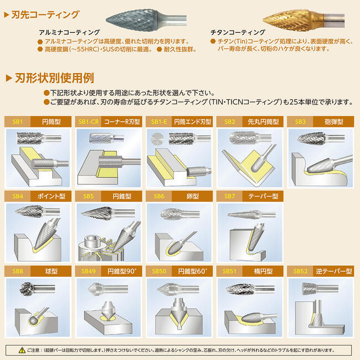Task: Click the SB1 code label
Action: [17, 121]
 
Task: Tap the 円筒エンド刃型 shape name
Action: [192, 121]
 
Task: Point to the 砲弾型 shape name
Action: [334, 121]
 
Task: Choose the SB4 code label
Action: [17, 196]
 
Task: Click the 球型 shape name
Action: [50, 271]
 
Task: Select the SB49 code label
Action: [89, 271]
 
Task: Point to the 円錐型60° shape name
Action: [192, 271]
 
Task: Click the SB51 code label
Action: [230, 271]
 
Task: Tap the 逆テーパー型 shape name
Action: [334, 271]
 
